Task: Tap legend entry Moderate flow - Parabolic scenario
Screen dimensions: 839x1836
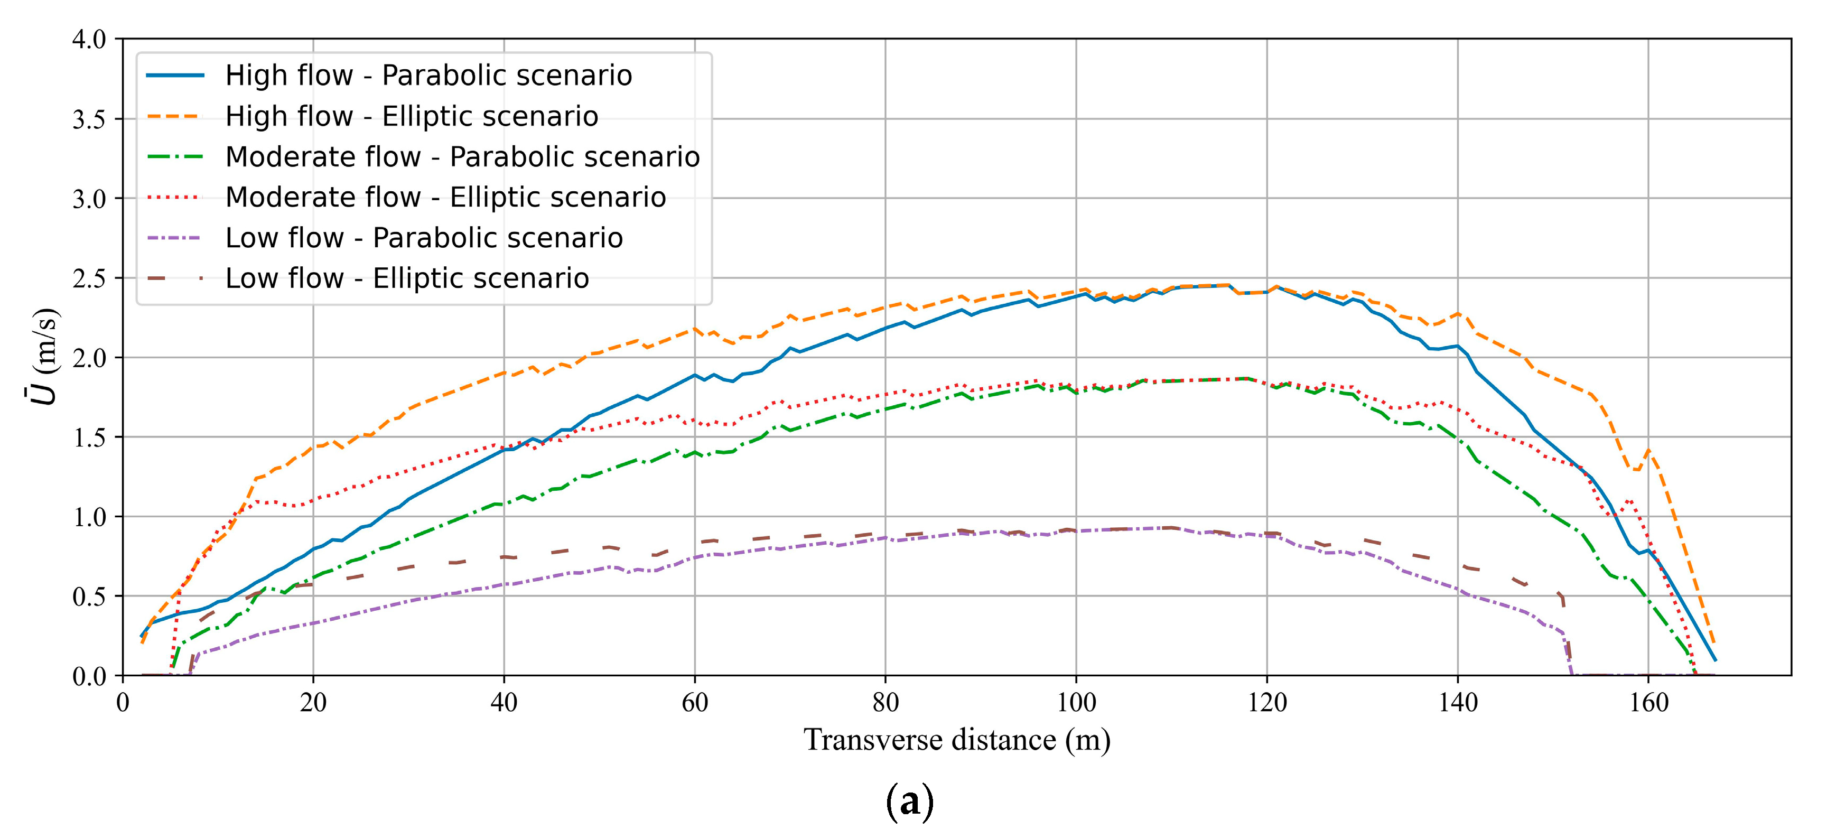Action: [x=462, y=157]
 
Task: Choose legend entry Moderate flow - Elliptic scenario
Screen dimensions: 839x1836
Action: [x=445, y=198]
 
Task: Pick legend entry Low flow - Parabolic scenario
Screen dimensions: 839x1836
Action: [x=424, y=238]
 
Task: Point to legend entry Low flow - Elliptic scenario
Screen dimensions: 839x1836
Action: [x=407, y=279]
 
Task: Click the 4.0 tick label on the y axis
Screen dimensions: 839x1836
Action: [x=89, y=39]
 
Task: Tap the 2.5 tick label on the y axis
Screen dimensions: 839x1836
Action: [x=89, y=278]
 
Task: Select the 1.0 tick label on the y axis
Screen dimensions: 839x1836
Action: [x=89, y=517]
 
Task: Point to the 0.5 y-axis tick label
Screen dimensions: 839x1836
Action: [x=89, y=596]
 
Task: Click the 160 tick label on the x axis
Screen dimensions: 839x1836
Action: [x=1648, y=703]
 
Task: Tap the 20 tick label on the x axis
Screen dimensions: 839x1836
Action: [x=313, y=703]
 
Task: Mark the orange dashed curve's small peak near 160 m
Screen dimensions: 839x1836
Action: [x=1648, y=451]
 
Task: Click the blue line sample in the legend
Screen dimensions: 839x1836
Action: [x=175, y=76]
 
